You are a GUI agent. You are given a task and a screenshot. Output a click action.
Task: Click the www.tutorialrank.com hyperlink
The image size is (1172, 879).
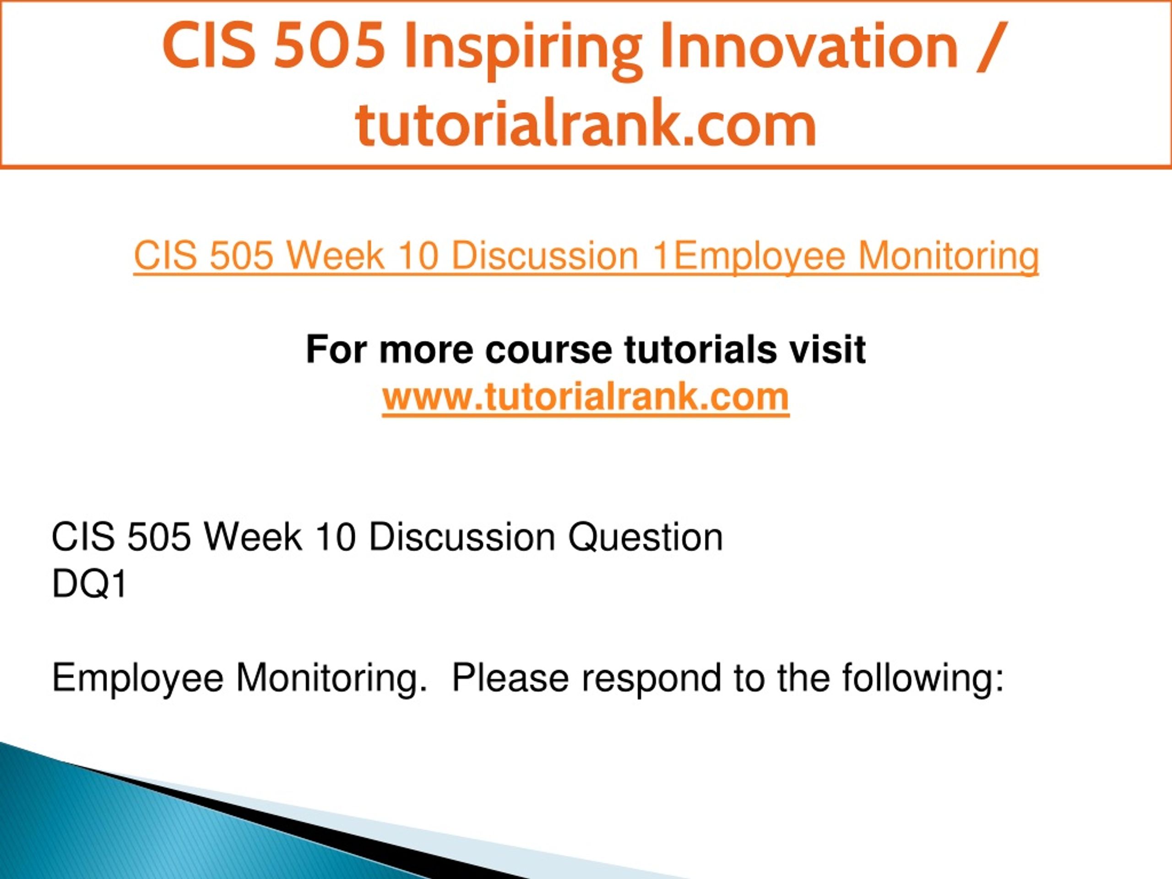[586, 396]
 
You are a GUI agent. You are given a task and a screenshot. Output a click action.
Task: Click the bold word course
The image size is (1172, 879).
[548, 350]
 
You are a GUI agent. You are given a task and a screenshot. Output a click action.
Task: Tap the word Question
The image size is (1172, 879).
[646, 537]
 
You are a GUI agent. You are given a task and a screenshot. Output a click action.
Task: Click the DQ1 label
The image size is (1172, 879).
[89, 585]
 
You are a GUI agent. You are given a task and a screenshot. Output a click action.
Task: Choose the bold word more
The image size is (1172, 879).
[426, 350]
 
